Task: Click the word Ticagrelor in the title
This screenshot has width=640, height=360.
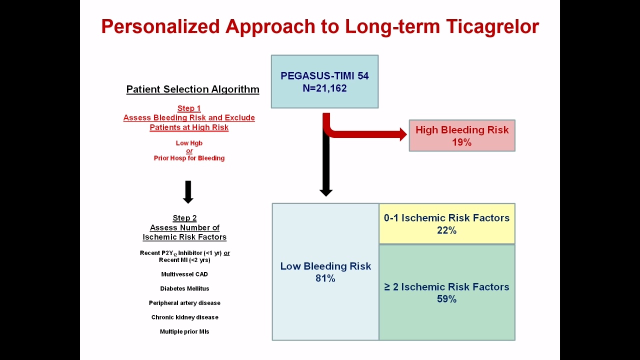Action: pos(492,27)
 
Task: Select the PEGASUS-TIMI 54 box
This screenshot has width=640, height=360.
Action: pos(325,81)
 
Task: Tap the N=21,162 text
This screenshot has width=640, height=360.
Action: pos(325,88)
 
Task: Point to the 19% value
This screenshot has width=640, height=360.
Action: pos(461,142)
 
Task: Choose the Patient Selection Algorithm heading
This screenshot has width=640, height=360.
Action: pos(193,89)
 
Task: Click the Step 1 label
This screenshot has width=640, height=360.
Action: pos(189,108)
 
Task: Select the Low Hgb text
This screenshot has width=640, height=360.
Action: pos(189,143)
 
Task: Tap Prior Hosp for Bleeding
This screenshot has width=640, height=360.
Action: pos(189,158)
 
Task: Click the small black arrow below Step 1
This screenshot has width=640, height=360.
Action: pos(188,192)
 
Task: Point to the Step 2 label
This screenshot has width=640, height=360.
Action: pos(184,218)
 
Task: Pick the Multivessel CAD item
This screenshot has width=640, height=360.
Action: pos(184,274)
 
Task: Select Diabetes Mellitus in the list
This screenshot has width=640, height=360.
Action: pos(184,288)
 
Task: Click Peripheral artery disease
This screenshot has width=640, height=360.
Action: pos(184,303)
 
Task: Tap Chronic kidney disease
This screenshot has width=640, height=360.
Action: pos(185,317)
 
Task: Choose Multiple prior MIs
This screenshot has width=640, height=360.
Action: pos(184,331)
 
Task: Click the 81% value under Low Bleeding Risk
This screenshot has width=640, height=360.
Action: pos(325,278)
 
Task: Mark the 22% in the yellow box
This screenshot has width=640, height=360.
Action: pos(447,230)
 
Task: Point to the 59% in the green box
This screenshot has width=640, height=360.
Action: pos(447,299)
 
